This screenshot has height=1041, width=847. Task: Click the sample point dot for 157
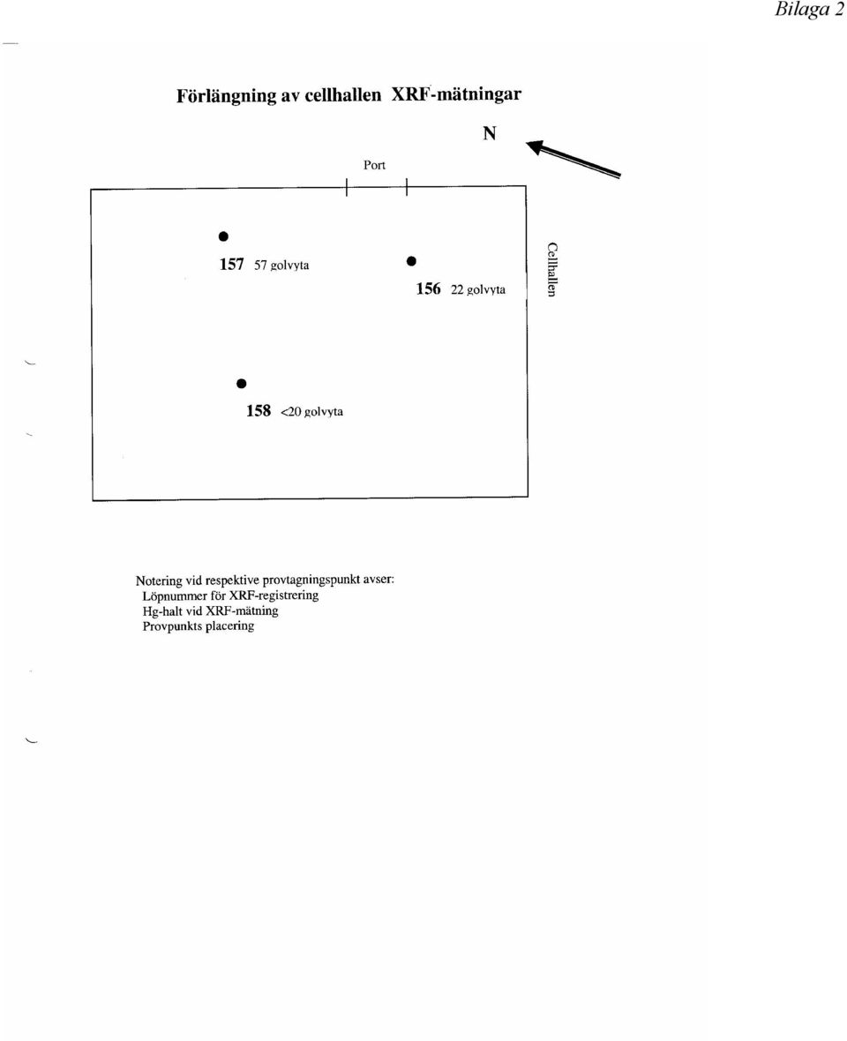pos(224,236)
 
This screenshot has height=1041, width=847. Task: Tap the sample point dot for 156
pos(411,261)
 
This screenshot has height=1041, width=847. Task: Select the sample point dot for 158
pos(242,384)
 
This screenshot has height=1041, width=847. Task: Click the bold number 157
pos(232,265)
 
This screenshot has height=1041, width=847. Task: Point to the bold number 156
pos(428,288)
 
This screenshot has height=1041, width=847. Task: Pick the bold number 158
pos(259,410)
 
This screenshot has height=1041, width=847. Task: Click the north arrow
pos(573,158)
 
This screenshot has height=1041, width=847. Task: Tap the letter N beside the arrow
pos(490,133)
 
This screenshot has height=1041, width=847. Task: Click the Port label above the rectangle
pos(374,165)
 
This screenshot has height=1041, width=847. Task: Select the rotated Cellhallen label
pos(551,269)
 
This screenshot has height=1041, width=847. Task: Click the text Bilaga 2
pos(809,10)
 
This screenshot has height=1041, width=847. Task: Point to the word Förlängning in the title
pos(226,95)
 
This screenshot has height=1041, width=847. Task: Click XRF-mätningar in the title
pos(456,94)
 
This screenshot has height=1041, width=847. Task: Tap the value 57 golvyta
pos(281,265)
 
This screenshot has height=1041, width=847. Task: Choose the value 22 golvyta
pos(478,289)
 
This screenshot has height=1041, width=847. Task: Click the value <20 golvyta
pos(312,412)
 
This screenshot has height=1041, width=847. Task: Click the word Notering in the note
pos(160,580)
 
